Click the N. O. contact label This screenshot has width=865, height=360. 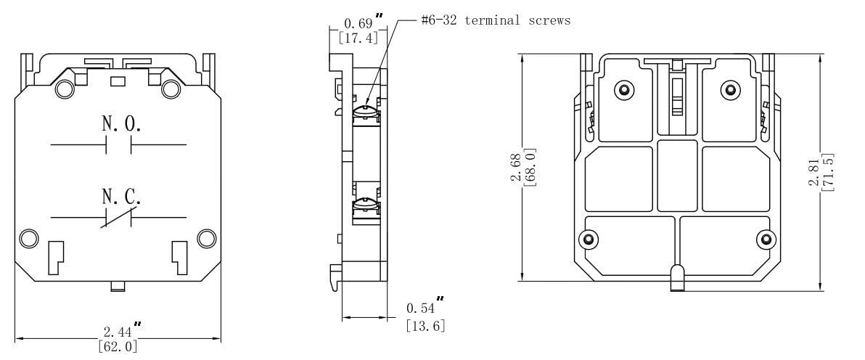click(121, 124)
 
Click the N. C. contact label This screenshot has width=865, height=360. click(121, 196)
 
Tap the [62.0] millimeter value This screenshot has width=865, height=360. click(118, 346)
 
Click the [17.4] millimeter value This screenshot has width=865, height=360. click(354, 38)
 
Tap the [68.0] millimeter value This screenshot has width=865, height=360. click(529, 168)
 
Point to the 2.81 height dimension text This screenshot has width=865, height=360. click(814, 172)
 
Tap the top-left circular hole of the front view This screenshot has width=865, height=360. click(64, 89)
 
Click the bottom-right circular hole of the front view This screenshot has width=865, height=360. click(207, 239)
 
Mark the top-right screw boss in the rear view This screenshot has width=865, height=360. click(730, 90)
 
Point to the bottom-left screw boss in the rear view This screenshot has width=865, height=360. click(589, 240)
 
